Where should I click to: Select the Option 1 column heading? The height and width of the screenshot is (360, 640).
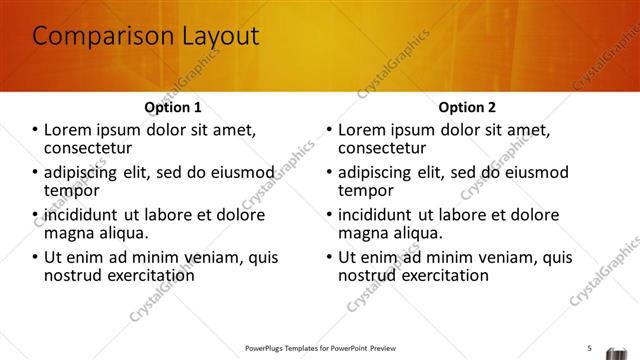click(x=173, y=107)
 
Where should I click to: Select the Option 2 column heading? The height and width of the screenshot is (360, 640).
click(x=467, y=107)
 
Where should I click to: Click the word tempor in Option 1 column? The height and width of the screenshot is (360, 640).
click(x=71, y=190)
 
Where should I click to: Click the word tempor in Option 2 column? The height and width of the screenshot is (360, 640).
click(x=365, y=190)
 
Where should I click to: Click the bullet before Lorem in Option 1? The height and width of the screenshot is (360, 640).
click(x=36, y=129)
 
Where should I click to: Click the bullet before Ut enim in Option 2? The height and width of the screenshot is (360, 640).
click(x=330, y=257)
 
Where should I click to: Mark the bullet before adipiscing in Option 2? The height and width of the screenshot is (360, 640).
click(x=330, y=172)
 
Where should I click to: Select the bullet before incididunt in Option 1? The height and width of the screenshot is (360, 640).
click(x=36, y=214)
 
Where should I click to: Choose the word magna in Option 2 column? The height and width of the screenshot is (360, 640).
click(x=363, y=232)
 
